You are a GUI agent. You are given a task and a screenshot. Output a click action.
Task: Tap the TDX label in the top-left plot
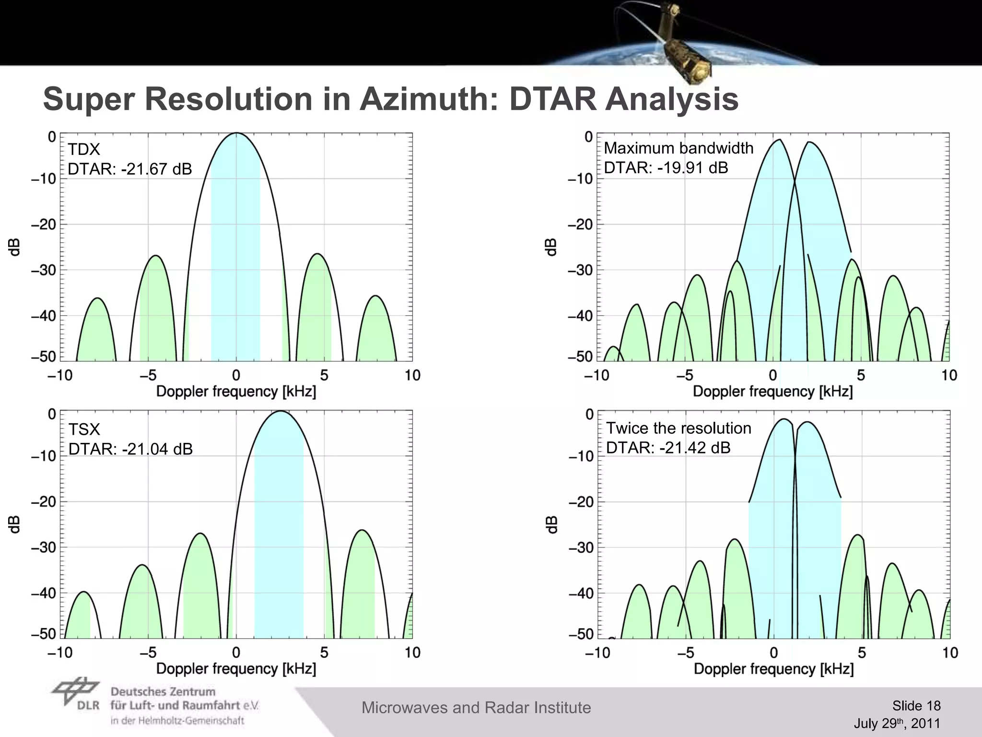coord(84,150)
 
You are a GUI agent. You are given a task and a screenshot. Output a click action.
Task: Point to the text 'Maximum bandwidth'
coord(678,148)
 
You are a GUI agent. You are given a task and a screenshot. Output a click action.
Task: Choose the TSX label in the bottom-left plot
coord(84,429)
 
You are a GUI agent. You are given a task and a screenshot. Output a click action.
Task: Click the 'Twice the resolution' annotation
coord(678,428)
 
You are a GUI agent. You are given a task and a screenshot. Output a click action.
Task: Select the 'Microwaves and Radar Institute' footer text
coord(476,708)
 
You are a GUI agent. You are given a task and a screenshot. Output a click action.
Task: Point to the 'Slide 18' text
coord(916,706)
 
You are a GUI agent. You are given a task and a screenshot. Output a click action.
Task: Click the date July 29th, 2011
coord(897,723)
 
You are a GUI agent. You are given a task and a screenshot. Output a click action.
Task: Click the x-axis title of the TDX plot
coord(236,392)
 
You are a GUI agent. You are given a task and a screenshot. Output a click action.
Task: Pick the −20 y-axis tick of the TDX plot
coord(44,225)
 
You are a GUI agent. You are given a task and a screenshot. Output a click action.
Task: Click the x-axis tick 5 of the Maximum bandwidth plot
coord(861,375)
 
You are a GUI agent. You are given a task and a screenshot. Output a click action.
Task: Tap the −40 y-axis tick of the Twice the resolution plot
coord(581,594)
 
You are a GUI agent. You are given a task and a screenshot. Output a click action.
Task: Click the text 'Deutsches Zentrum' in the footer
coord(163,692)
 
